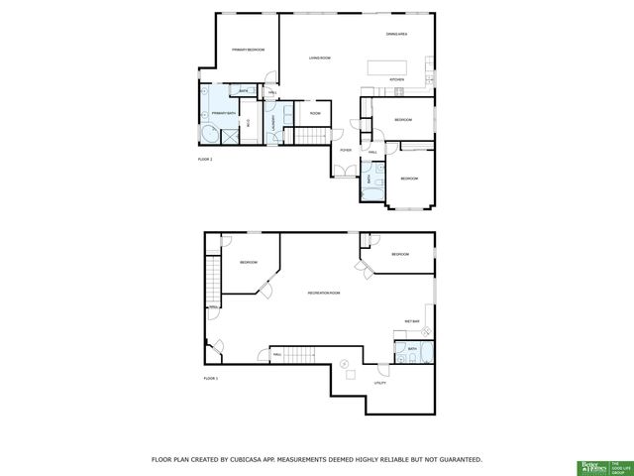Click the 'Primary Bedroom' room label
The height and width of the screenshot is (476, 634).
pos(248,50)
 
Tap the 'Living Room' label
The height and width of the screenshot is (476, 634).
pos(319,59)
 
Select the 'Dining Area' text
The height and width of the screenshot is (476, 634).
pos(397,35)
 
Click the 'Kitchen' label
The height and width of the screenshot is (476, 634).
pos(396,79)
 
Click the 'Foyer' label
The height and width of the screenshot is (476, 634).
pos(346,150)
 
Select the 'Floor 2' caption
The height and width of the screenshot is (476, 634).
pos(206,160)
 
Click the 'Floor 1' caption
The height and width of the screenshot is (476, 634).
pos(210,378)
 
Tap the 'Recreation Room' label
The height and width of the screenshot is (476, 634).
pos(324,293)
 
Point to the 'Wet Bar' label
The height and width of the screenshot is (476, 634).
pos(412,321)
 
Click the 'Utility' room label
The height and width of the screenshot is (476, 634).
pos(379,382)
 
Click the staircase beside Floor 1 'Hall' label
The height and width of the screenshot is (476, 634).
pos(295,353)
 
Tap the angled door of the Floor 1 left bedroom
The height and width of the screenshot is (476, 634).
pos(264,288)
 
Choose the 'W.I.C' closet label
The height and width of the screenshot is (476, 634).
pos(249,124)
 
